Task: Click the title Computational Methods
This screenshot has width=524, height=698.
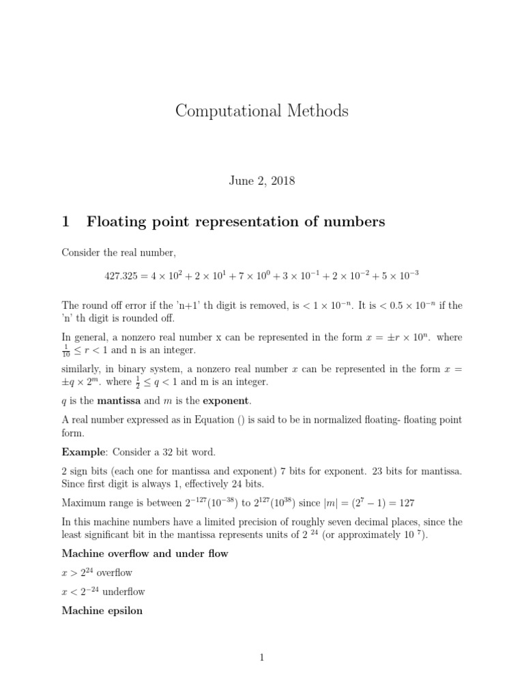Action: [261, 111]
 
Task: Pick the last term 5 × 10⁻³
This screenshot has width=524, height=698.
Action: [397, 274]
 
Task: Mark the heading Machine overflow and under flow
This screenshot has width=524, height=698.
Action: [145, 553]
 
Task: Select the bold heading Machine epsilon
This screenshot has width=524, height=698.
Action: [102, 611]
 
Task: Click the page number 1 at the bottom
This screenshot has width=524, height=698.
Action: [261, 657]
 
